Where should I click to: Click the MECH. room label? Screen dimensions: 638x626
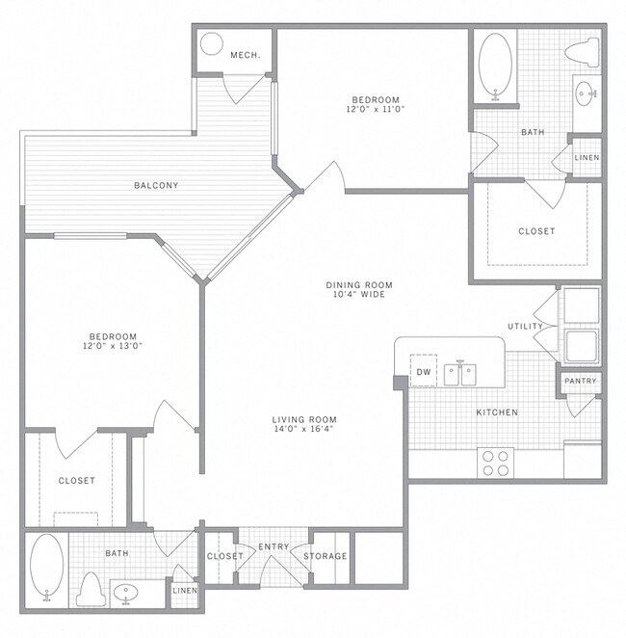coord(245,56)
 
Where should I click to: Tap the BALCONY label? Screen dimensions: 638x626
coord(156,185)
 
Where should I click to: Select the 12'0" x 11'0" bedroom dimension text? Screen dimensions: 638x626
coord(375,110)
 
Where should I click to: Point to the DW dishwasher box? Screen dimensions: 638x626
coord(423,371)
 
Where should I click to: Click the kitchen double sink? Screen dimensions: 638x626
coord(460,372)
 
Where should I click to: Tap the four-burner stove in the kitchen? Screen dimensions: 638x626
coord(496,464)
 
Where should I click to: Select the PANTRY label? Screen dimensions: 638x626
coord(581,381)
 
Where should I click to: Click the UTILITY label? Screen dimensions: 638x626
coord(526,327)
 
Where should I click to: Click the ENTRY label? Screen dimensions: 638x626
coord(274,547)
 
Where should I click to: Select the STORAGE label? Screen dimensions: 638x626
coord(326,556)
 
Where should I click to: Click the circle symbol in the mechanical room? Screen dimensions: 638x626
coord(212,44)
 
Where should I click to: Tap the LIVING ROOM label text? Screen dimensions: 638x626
coord(303,419)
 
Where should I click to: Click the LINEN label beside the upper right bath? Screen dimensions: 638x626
coord(587,157)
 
